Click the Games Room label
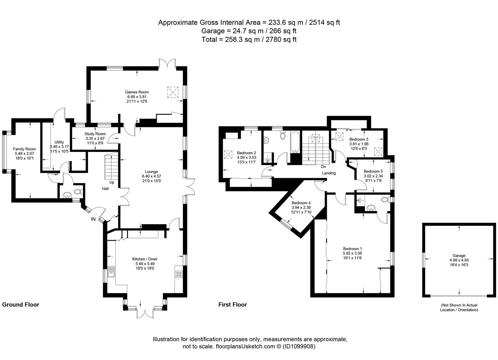pyautogui.click(x=137, y=92)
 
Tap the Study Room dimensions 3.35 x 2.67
pyautogui.click(x=95, y=138)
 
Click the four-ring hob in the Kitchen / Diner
pyautogui.click(x=179, y=274)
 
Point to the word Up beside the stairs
pyautogui.click(x=112, y=182)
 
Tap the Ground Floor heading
pyautogui.click(x=21, y=304)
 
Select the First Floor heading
pyautogui.click(x=233, y=304)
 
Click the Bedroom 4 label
pyautogui.click(x=301, y=203)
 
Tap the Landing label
pyautogui.click(x=329, y=173)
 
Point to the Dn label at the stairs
pyautogui.click(x=323, y=166)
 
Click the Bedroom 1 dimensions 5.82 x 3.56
pyautogui.click(x=352, y=253)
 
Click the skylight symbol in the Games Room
pyautogui.click(x=172, y=92)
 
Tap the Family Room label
pyautogui.click(x=24, y=149)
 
